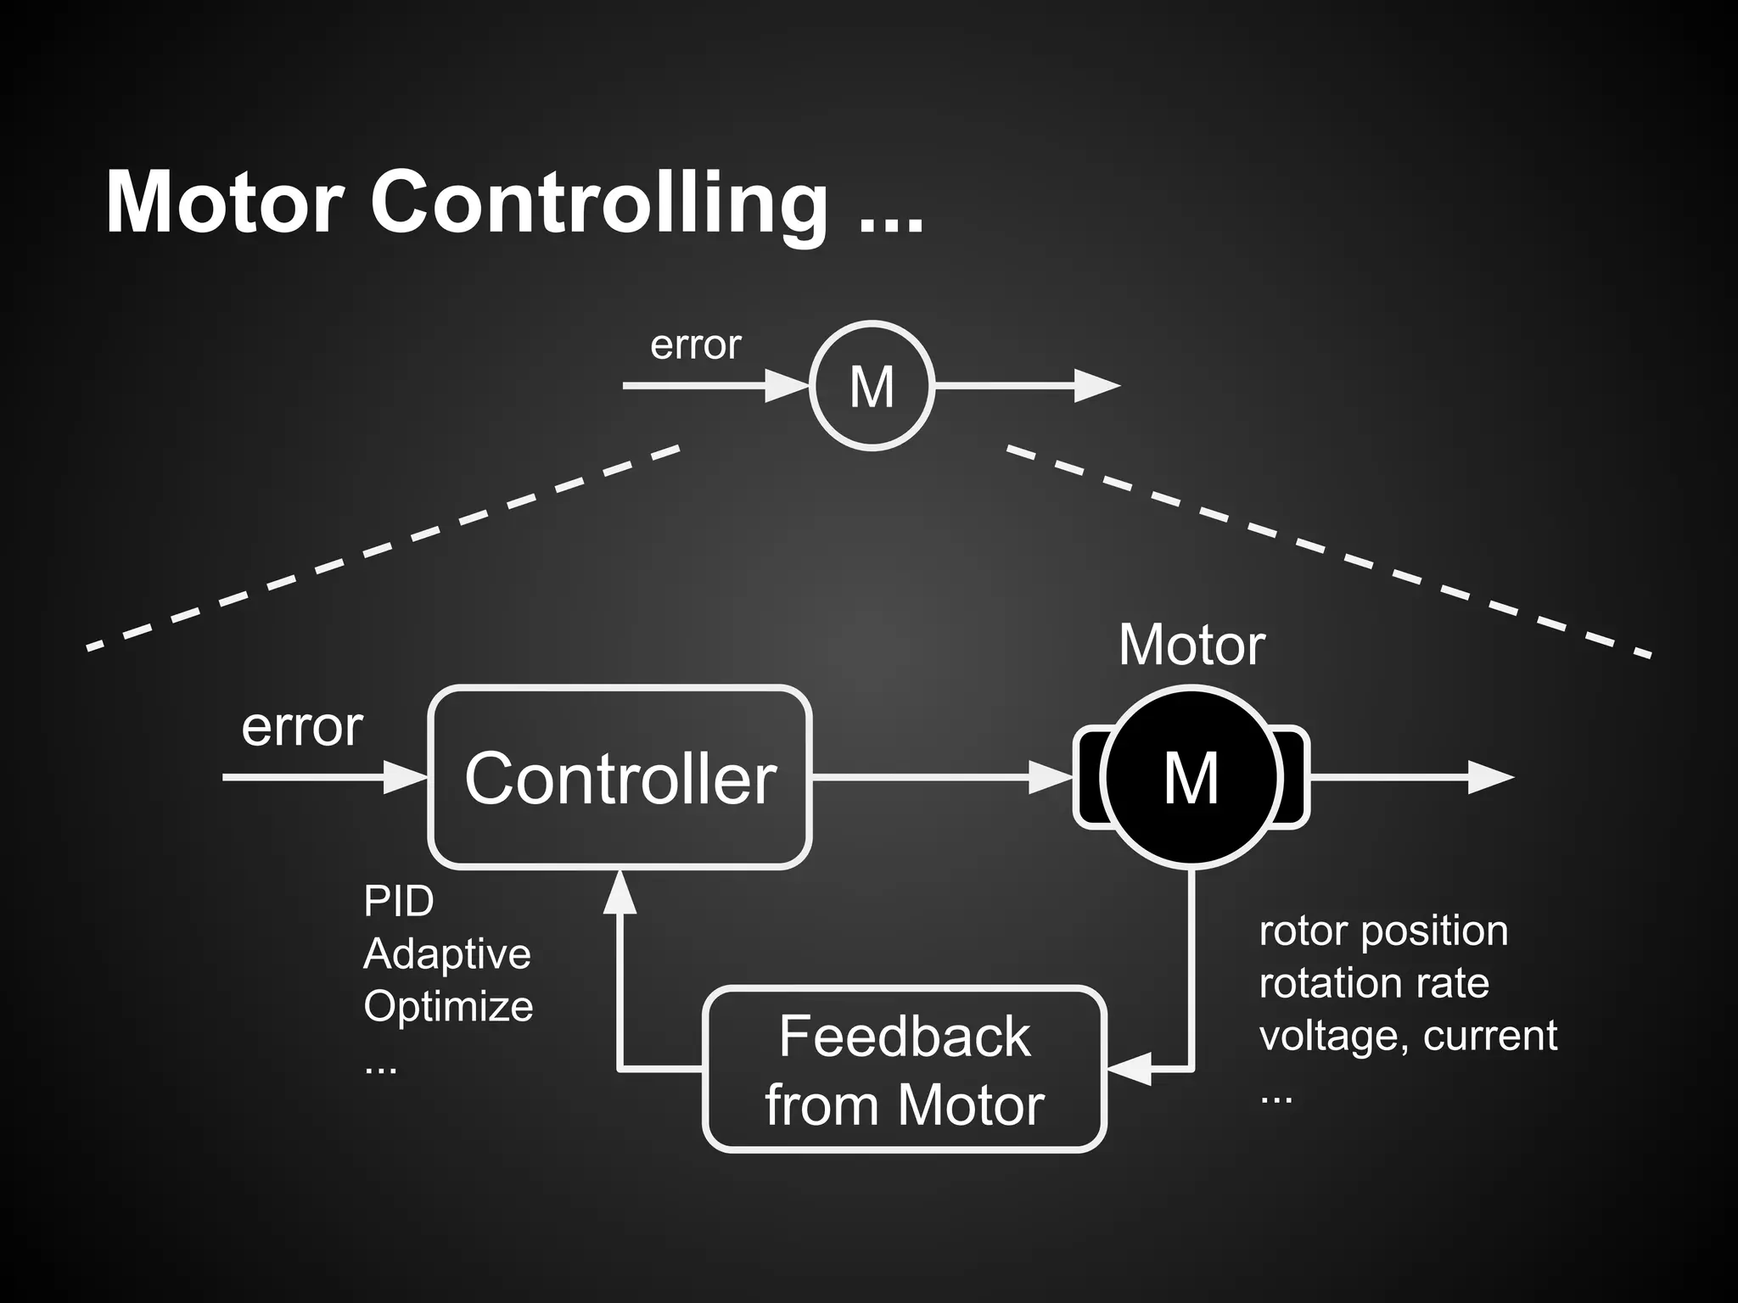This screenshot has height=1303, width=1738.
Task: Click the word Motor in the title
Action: coord(224,204)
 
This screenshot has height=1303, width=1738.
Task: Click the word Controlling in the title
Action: coord(599,204)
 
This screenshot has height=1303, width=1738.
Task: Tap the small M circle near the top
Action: coord(872,386)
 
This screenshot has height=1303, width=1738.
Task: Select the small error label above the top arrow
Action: coord(695,345)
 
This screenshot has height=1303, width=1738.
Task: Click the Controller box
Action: coord(620,777)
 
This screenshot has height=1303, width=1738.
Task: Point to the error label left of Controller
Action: coord(302,727)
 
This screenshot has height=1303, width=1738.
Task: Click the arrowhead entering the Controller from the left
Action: coord(404,777)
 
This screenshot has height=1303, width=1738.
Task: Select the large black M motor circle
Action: coord(1191,777)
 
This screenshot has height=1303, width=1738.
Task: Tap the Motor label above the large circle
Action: coord(1191,646)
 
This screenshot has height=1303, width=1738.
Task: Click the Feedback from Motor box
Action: coord(905,1069)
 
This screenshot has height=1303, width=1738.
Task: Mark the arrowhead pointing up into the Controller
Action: coord(620,892)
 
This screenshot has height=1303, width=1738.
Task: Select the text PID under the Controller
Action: coord(398,901)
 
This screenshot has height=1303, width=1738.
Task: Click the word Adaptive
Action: coord(446,953)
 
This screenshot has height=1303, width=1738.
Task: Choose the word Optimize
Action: coord(448,1007)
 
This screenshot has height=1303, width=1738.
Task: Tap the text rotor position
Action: coord(1383,931)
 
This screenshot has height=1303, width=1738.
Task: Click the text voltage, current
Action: coord(1407,1036)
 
